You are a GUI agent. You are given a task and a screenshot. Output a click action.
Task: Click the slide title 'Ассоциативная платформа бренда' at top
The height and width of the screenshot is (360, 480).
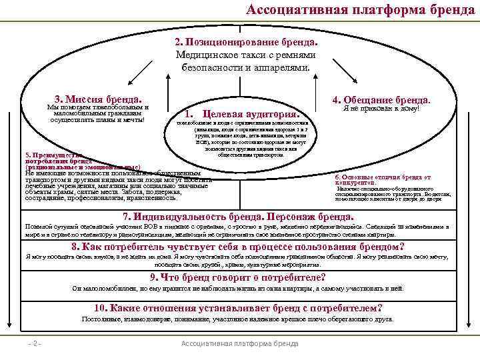click(360, 9)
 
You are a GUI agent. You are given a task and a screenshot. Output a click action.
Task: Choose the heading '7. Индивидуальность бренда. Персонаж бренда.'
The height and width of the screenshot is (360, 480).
click(239, 217)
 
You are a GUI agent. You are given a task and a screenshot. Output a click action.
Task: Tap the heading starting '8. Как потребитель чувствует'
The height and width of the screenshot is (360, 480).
click(238, 246)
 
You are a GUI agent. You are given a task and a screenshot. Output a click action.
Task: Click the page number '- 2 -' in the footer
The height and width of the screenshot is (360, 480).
click(35, 344)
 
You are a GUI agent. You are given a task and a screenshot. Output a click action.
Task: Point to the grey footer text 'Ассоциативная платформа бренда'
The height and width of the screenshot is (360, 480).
click(240, 344)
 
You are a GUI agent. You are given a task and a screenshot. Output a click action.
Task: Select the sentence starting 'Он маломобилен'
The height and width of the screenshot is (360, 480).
click(238, 289)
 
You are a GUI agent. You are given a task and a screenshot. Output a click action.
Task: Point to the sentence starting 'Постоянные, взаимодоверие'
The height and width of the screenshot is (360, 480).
click(238, 319)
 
